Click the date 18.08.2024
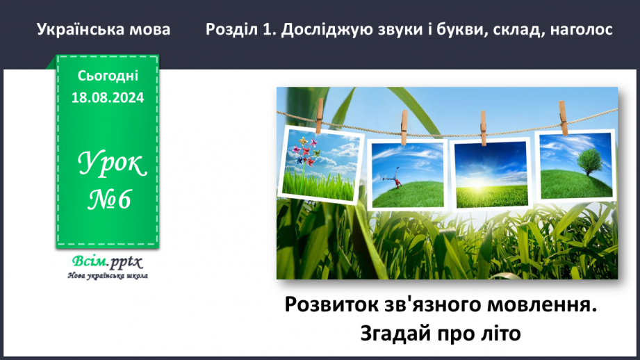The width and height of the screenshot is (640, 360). (108, 98)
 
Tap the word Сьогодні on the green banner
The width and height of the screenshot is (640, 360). (108, 76)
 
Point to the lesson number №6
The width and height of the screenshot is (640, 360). (110, 200)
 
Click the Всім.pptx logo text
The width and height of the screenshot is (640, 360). (106, 262)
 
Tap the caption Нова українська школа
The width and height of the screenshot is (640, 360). (108, 275)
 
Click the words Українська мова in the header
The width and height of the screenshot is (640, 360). (103, 30)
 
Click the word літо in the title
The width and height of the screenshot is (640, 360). (500, 333)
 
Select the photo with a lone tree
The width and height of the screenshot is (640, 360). (576, 165)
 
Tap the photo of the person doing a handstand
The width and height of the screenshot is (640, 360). (407, 174)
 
